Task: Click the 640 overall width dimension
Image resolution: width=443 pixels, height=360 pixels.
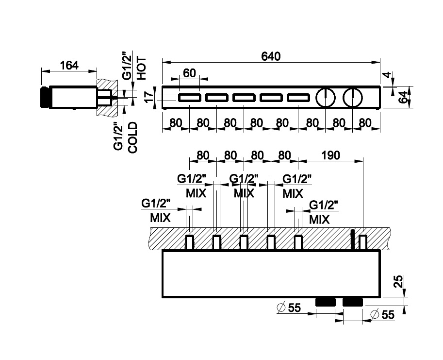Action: pos(271,56)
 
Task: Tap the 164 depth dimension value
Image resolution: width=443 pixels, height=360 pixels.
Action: pos(69,65)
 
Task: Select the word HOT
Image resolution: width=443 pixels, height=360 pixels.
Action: pos(141,68)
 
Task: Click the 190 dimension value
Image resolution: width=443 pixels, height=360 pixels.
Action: pos(330,155)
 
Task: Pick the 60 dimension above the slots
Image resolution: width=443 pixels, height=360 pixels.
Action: pos(190,73)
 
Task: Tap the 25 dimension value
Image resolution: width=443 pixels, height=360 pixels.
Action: pos(398,281)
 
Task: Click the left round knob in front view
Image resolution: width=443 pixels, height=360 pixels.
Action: pos(325,98)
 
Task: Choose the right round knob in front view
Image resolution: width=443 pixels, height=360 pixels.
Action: pos(352,98)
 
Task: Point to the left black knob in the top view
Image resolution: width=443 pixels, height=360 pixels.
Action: pos(325,302)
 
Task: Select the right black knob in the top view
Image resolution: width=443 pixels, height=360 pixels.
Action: pos(352,302)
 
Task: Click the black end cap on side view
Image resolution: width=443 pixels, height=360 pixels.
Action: pos(45,97)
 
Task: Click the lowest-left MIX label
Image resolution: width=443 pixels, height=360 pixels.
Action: pos(160,218)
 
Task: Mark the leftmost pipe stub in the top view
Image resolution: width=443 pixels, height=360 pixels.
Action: pos(190,241)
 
